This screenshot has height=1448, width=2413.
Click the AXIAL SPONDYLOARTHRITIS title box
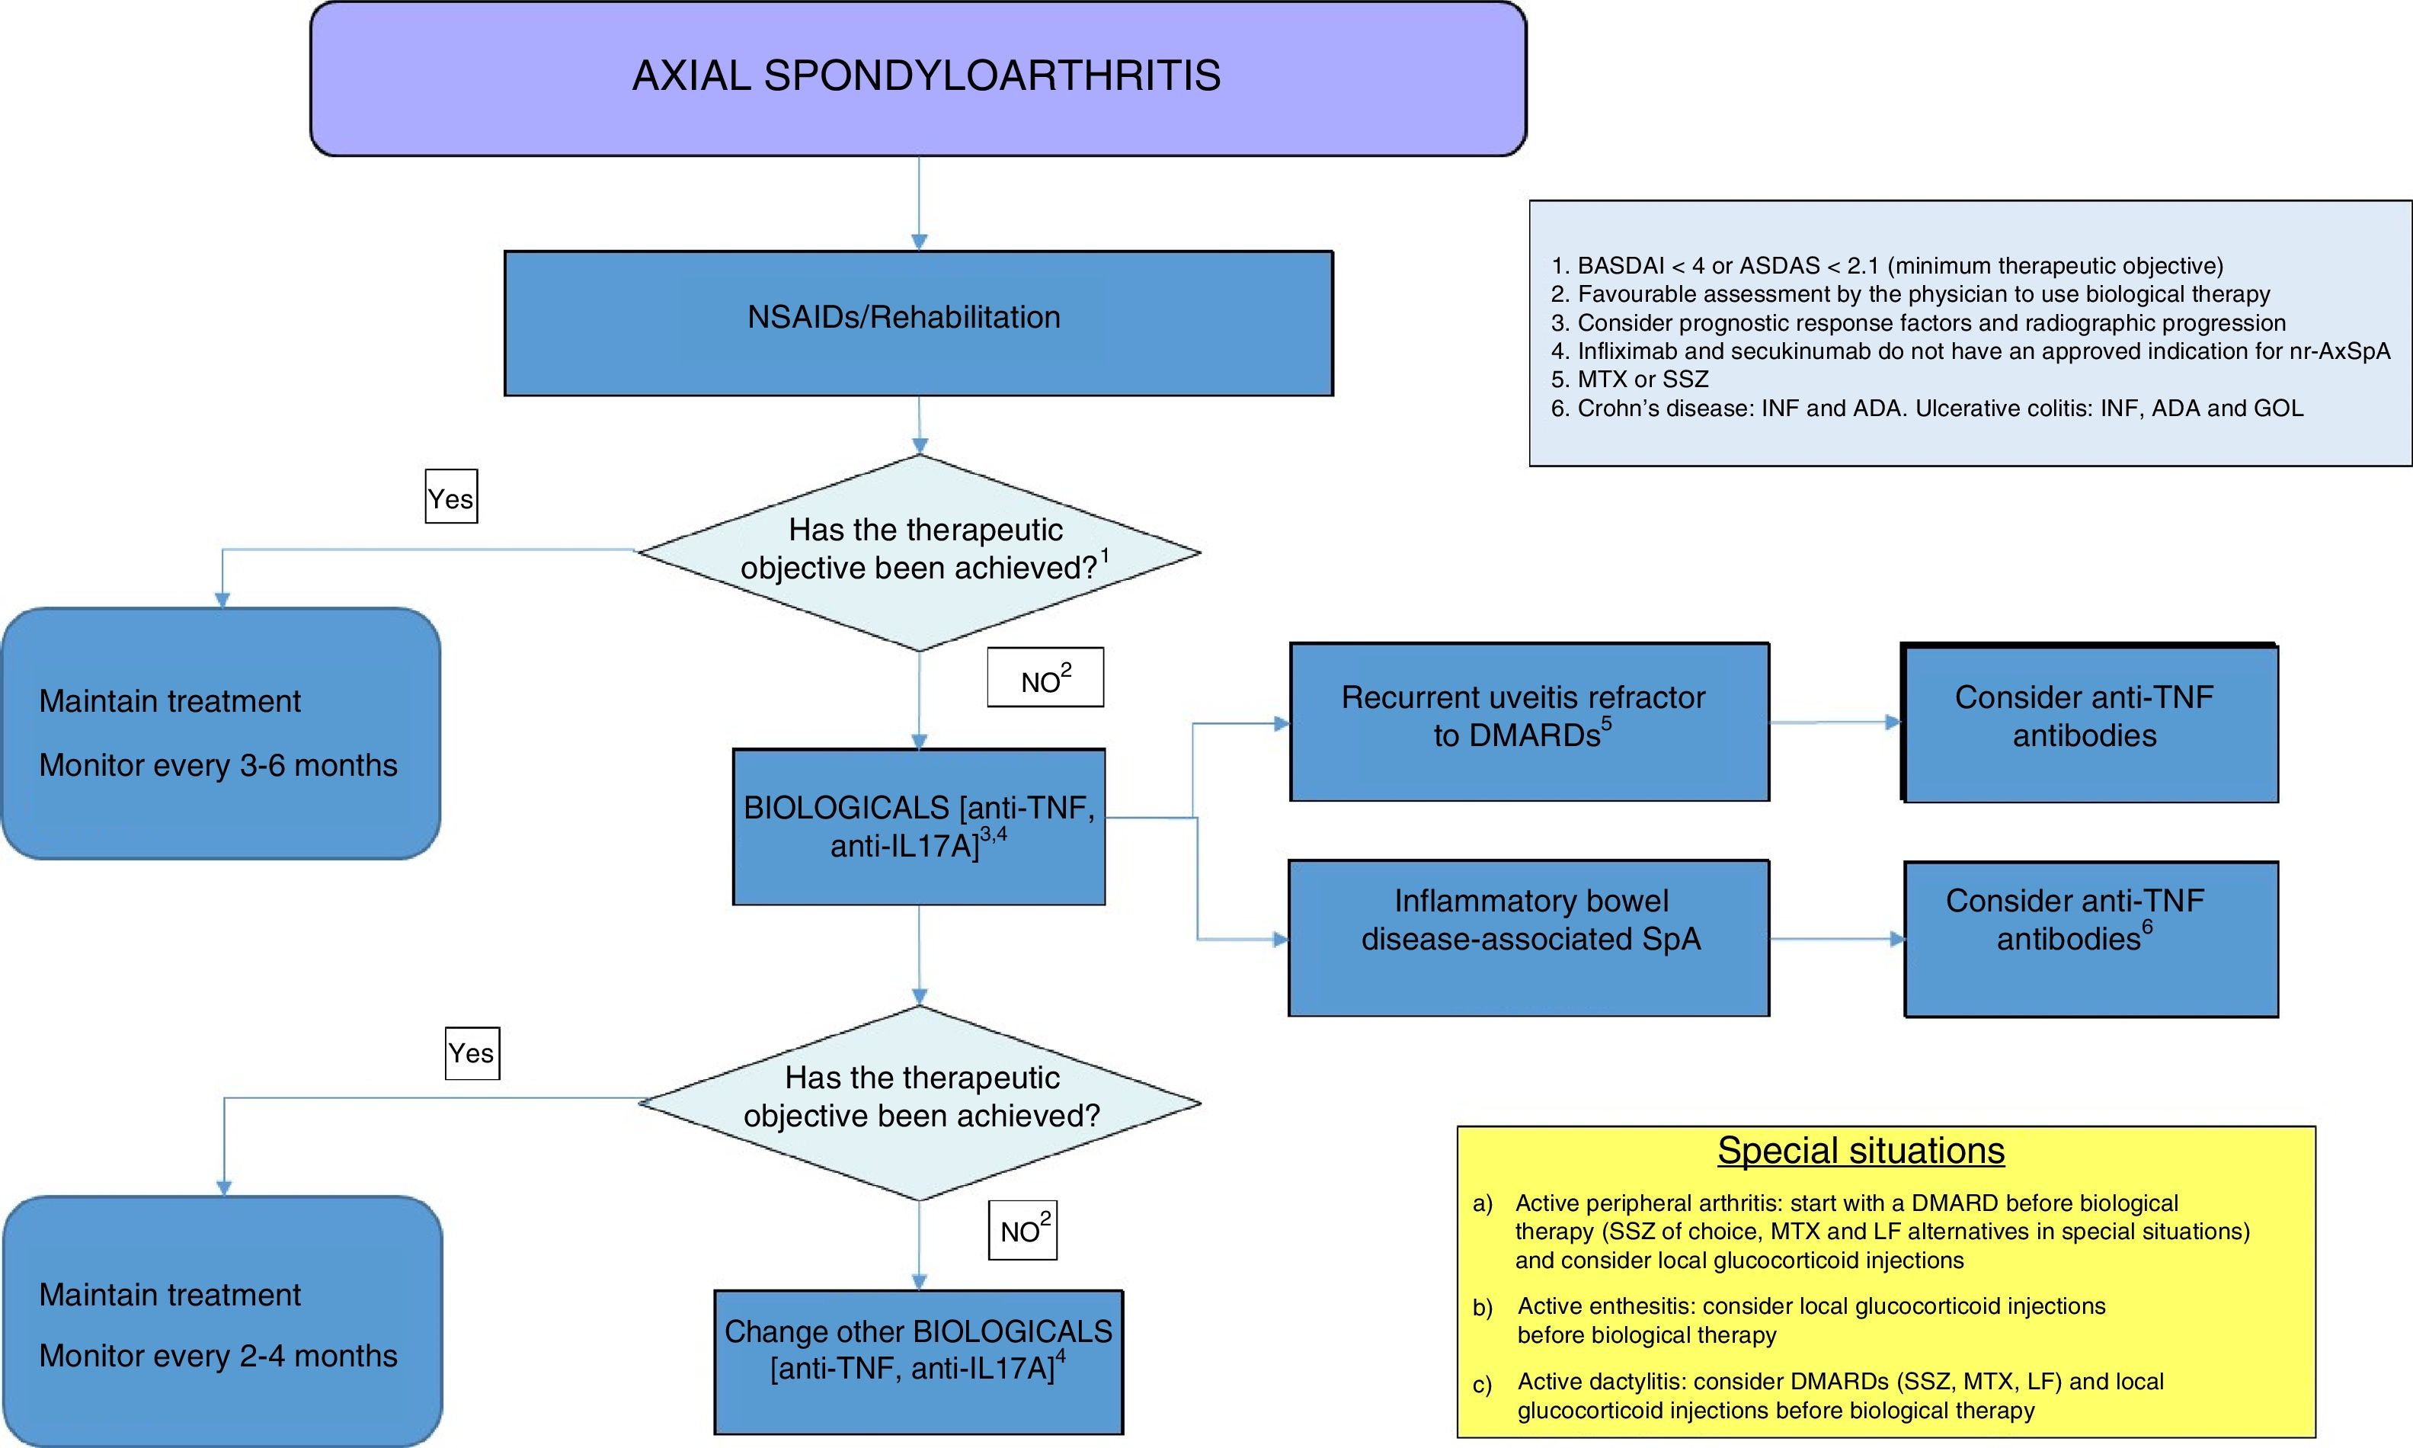click(918, 78)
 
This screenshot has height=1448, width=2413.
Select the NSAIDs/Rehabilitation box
click(918, 323)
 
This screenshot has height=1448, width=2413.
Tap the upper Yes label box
click(450, 498)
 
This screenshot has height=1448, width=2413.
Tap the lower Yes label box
click(472, 1052)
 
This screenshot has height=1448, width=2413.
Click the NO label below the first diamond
click(1045, 678)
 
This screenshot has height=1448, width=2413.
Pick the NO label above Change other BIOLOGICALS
click(1022, 1229)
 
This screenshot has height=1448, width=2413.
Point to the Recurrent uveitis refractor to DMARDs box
click(1528, 722)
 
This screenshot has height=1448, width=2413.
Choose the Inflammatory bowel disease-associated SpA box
click(1528, 937)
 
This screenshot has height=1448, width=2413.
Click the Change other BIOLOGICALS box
click(918, 1362)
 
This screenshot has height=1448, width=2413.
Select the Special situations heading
click(1860, 1151)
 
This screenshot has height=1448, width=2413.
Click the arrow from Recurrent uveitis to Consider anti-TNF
click(1835, 723)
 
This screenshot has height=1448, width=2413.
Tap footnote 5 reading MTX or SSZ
click(1630, 380)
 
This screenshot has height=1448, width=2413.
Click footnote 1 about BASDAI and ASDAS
click(1887, 265)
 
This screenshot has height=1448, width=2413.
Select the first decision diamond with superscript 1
click(919, 553)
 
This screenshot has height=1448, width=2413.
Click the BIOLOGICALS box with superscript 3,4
click(918, 826)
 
